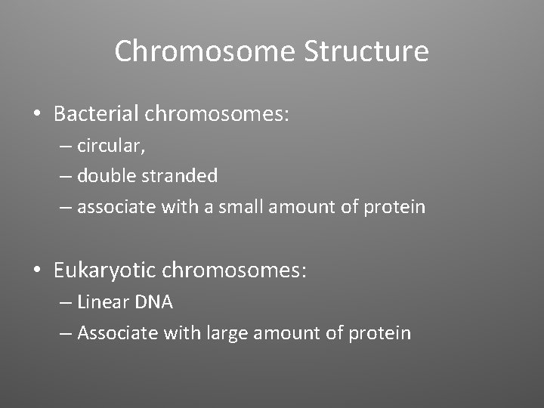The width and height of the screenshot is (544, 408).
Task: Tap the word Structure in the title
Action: [366, 52]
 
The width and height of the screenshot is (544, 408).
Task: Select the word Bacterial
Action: [96, 114]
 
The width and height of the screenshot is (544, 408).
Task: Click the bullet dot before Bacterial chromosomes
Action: [36, 115]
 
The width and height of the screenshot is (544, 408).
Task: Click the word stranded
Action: [181, 176]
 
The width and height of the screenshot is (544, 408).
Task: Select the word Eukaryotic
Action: [104, 270]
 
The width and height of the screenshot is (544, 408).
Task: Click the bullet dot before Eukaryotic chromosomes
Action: [36, 270]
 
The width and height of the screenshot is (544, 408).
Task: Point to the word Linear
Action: [103, 302]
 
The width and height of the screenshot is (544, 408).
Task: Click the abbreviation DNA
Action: [154, 302]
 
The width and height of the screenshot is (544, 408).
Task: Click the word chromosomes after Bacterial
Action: [218, 114]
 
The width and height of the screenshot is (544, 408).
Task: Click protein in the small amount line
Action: [395, 206]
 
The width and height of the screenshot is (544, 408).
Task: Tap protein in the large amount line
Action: [381, 332]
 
